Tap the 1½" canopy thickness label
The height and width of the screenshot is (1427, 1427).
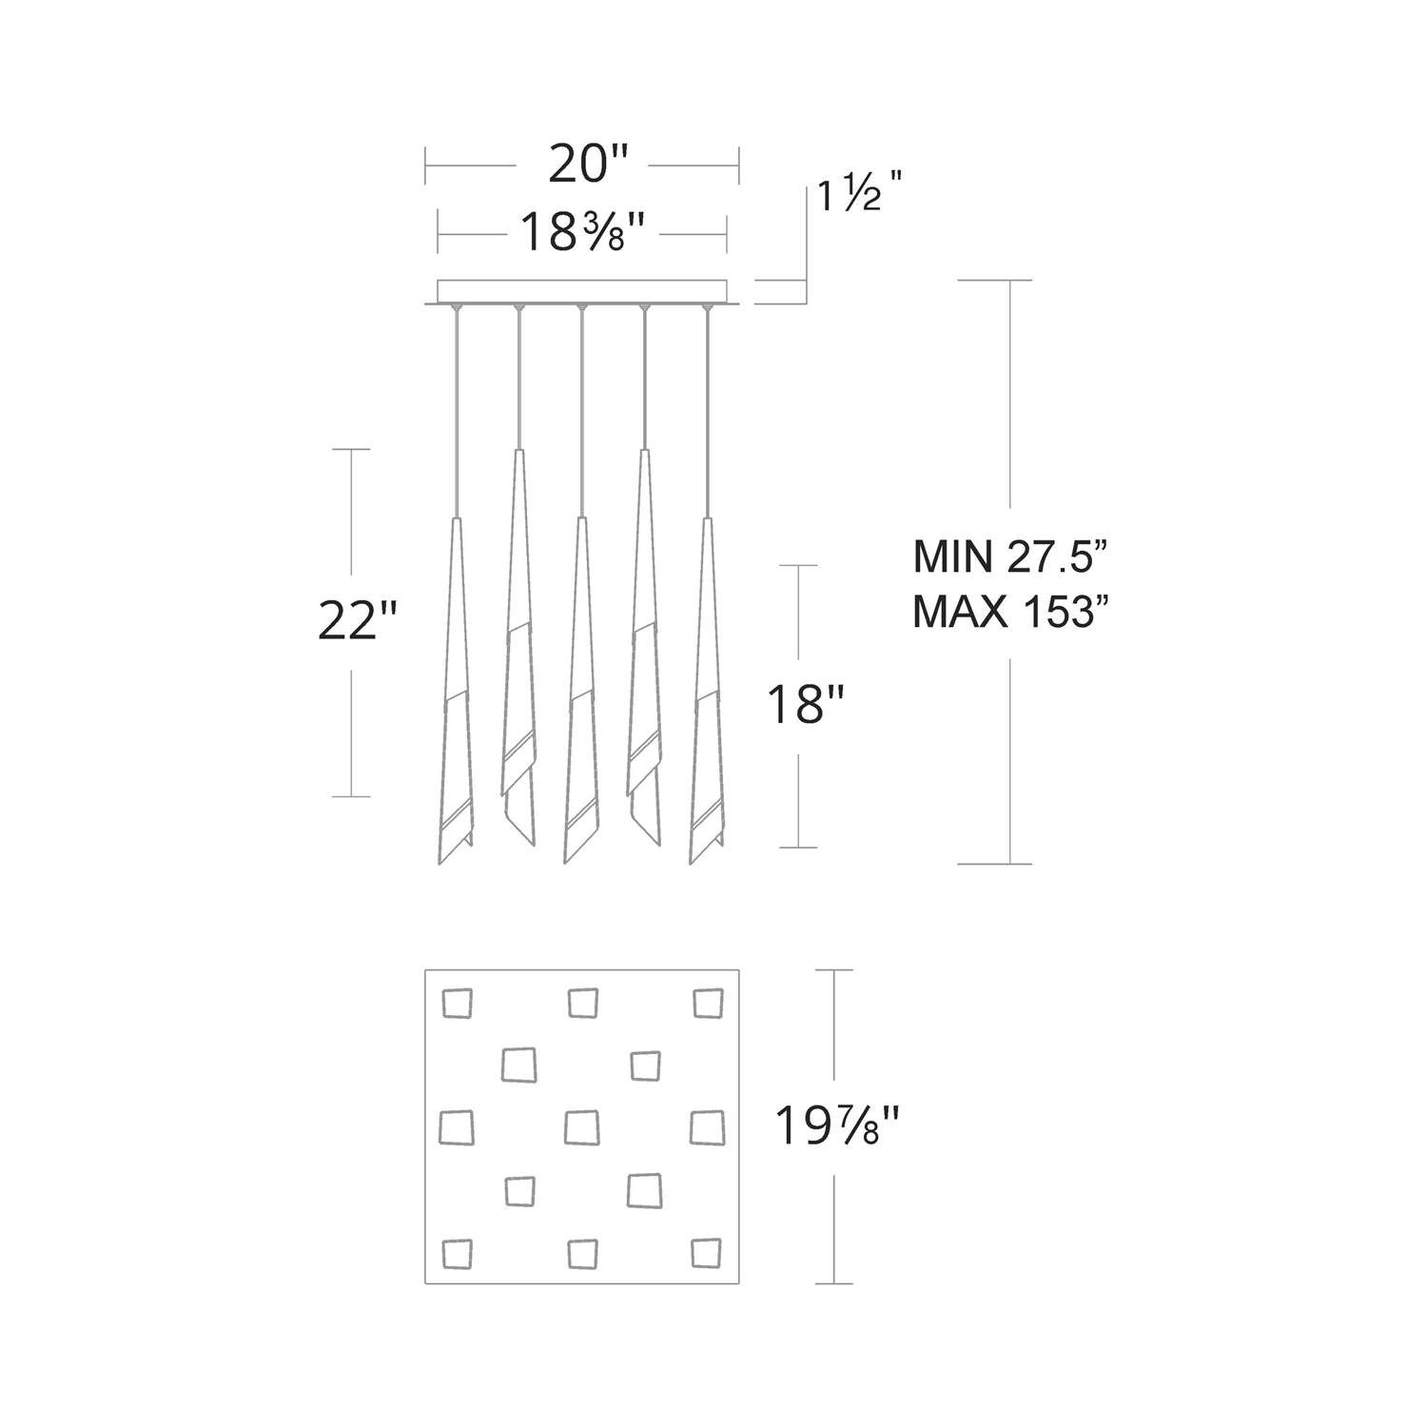(855, 197)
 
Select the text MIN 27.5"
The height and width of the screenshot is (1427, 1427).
(1011, 557)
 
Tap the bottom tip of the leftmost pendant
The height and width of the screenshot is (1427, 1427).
(440, 862)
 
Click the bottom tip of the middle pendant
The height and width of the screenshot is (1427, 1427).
(565, 862)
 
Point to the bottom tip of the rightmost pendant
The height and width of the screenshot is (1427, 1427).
(692, 862)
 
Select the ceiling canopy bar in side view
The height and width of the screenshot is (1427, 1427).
(581, 291)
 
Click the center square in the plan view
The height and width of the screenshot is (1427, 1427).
(581, 1127)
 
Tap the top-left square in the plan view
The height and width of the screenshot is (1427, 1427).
(457, 1003)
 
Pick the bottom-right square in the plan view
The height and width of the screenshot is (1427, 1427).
(707, 1253)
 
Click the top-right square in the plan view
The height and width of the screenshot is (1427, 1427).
(707, 1003)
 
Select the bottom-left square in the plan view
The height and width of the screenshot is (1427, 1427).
(457, 1253)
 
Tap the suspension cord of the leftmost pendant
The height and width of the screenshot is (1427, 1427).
(458, 409)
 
